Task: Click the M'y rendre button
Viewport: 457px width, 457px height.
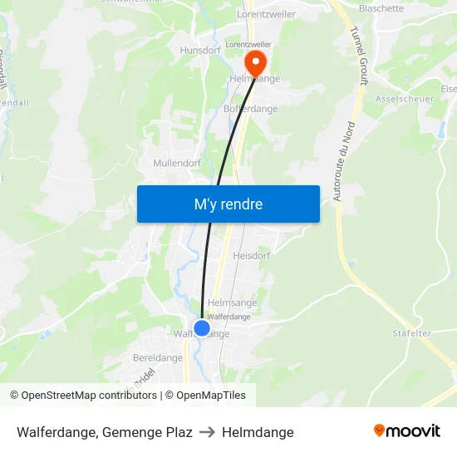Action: (x=228, y=204)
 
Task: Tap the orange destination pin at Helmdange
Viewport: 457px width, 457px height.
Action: (x=254, y=61)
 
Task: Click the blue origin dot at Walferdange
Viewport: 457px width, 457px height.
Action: (x=202, y=328)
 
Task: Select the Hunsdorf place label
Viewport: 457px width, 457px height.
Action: (x=199, y=50)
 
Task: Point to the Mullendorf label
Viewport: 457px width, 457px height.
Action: (x=177, y=163)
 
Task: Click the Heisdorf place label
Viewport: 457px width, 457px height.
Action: (x=252, y=256)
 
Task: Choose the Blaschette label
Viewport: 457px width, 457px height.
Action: (x=381, y=8)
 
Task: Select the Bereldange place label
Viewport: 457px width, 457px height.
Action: (x=158, y=358)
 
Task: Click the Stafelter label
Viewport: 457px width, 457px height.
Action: (x=412, y=333)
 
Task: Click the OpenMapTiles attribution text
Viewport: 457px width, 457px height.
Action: (x=210, y=396)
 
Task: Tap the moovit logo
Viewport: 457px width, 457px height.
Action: (x=407, y=430)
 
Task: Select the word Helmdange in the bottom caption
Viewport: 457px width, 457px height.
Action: (x=258, y=432)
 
